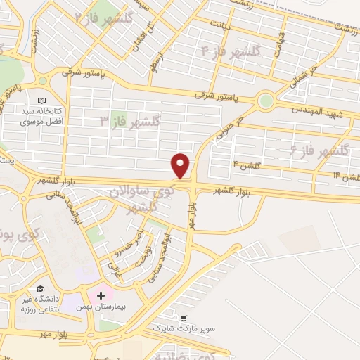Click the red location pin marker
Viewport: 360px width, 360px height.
tap(181, 165)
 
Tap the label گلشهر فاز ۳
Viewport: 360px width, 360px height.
tap(131, 122)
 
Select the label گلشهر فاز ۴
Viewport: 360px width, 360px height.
tap(230, 51)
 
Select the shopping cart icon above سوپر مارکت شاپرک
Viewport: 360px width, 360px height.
tap(184, 318)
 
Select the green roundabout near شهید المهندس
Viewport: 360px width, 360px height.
tap(265, 101)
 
